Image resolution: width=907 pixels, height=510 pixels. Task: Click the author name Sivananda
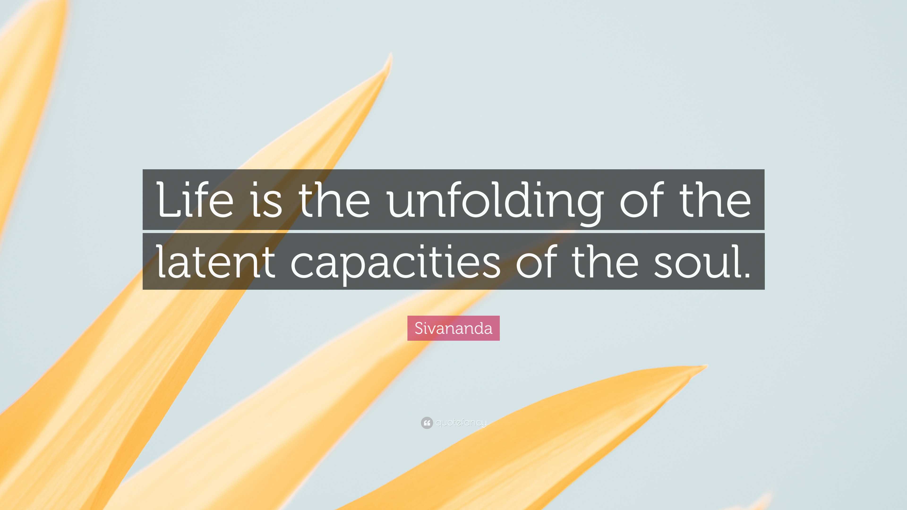[453, 328]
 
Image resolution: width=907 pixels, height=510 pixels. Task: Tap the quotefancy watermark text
[461, 422]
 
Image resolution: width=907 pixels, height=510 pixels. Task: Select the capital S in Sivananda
[418, 328]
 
